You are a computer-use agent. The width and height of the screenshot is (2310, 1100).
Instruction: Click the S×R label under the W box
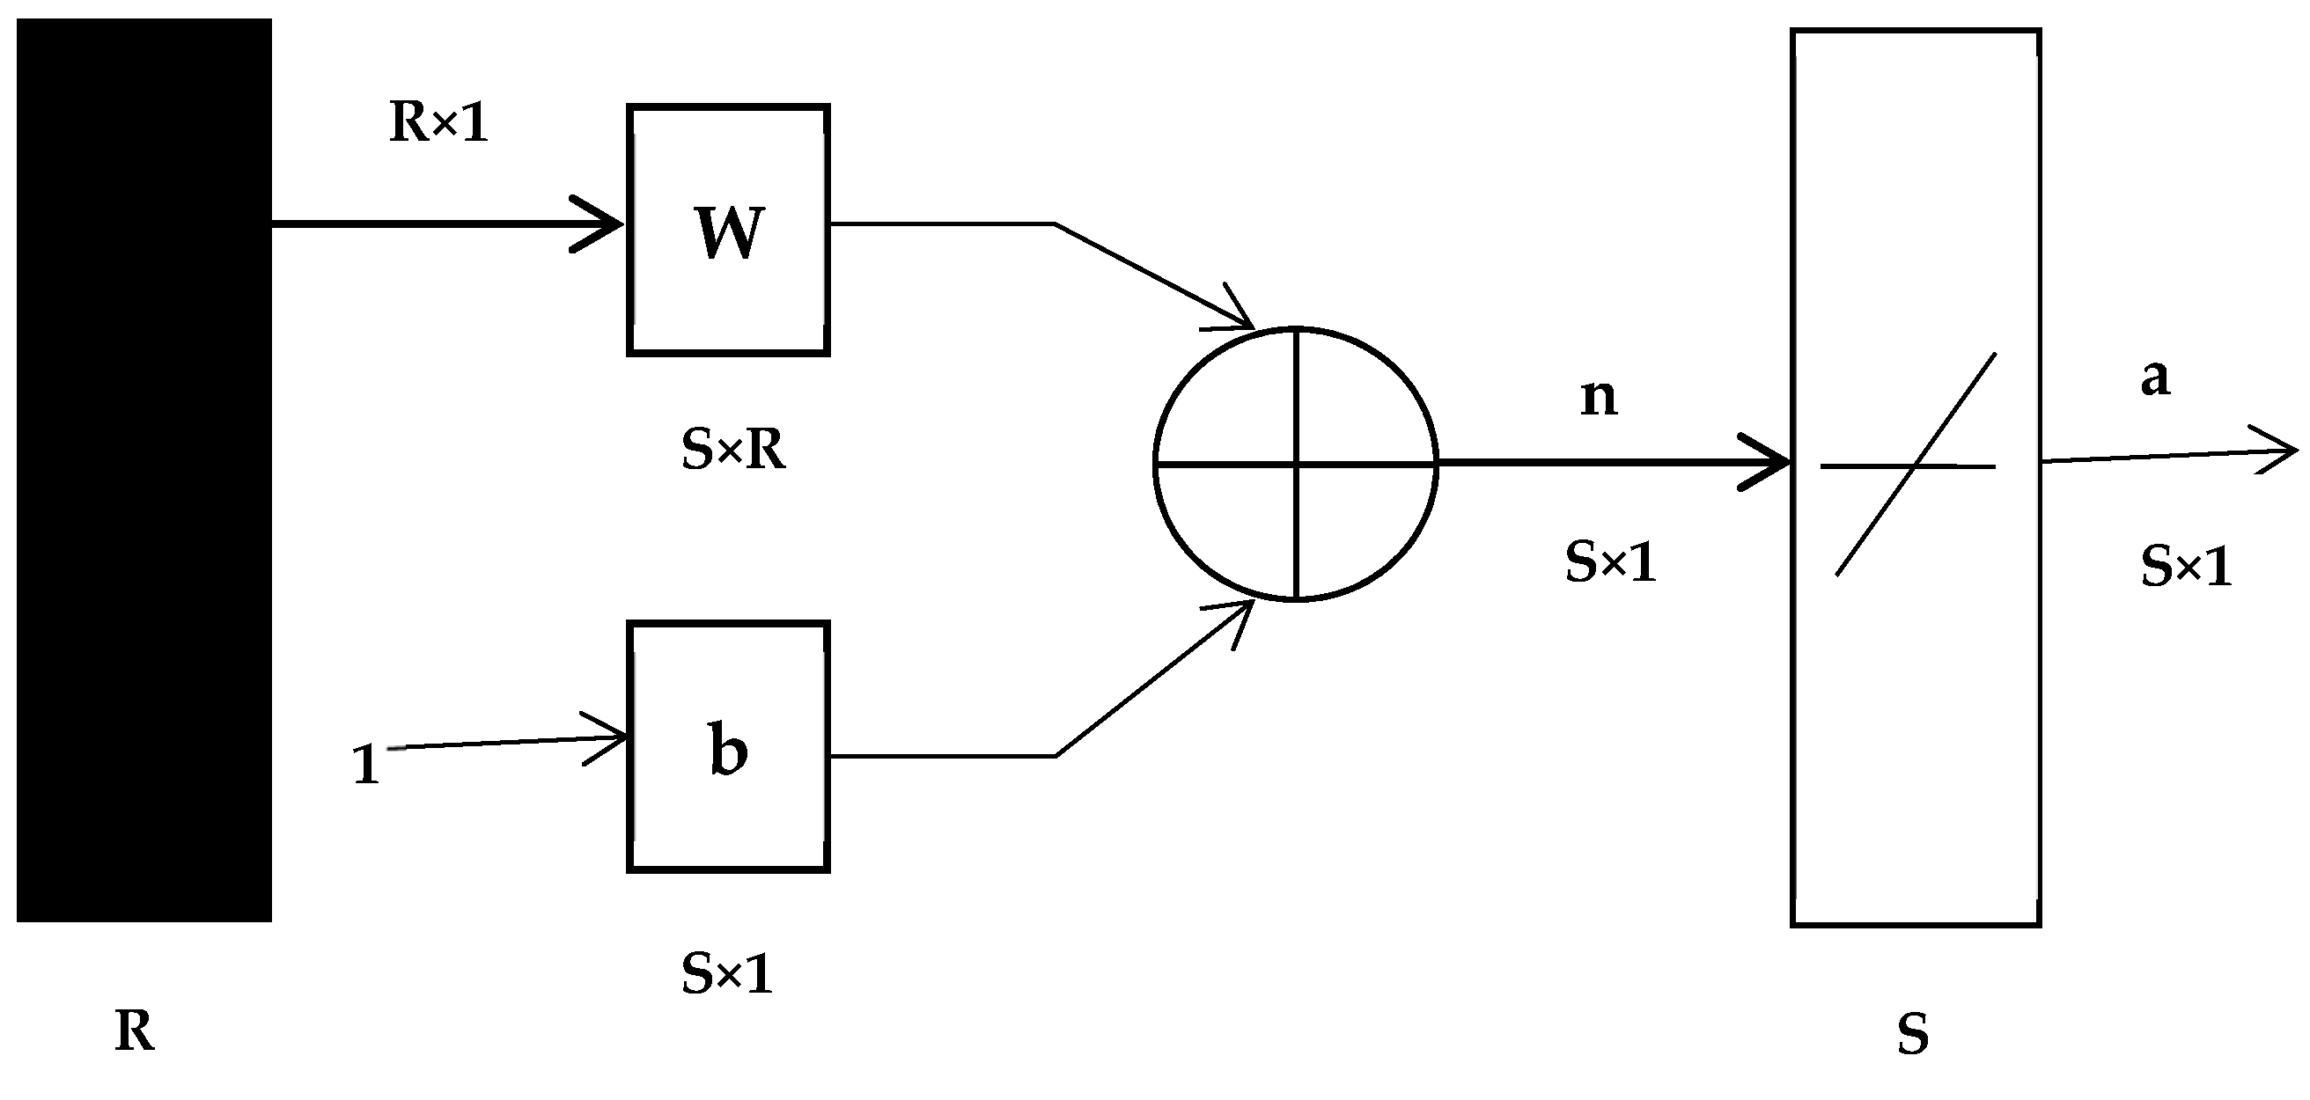[x=732, y=450]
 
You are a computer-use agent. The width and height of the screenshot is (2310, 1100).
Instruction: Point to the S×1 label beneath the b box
[x=726, y=973]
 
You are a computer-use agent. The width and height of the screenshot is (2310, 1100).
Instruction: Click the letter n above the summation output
[x=1598, y=397]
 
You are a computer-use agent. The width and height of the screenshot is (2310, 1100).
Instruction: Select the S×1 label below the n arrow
[x=1610, y=563]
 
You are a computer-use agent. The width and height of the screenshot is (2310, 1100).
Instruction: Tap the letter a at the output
[x=2155, y=378]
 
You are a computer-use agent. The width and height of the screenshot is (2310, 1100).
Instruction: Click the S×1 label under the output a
[x=2185, y=567]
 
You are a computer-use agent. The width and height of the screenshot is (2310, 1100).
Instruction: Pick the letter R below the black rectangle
[x=135, y=1031]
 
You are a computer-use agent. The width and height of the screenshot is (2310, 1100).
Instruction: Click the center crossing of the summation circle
[x=1297, y=464]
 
